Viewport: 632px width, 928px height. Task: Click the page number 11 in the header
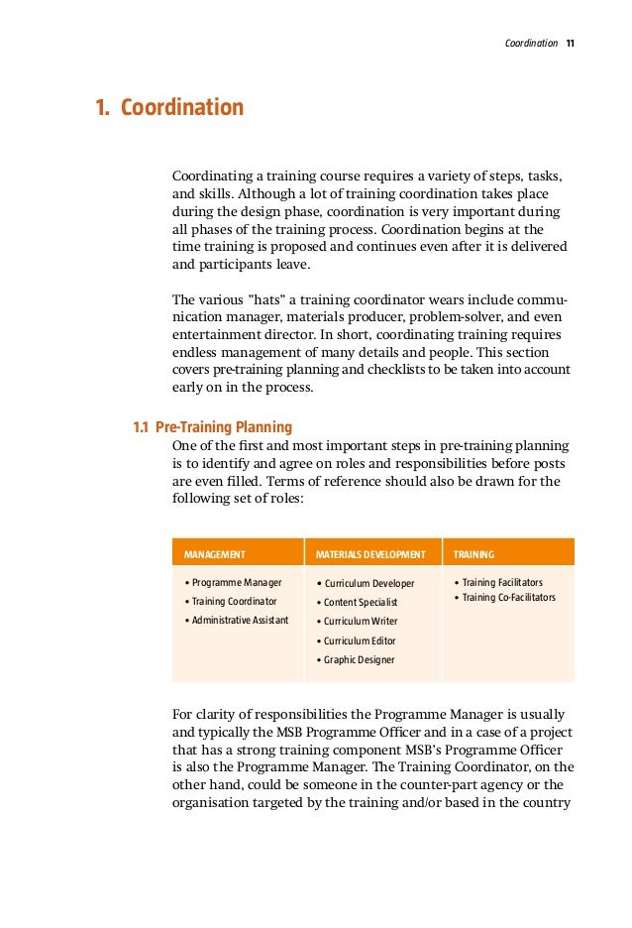pyautogui.click(x=571, y=44)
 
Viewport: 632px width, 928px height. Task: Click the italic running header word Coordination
pyautogui.click(x=531, y=44)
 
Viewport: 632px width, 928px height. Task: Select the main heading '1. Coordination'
pyautogui.click(x=168, y=107)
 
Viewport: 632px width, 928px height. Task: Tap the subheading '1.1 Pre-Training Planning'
pyautogui.click(x=213, y=427)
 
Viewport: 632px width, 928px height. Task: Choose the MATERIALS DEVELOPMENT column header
pyautogui.click(x=370, y=554)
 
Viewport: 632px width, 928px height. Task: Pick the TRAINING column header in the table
pyautogui.click(x=474, y=554)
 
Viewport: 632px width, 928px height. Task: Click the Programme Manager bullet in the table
pyautogui.click(x=237, y=583)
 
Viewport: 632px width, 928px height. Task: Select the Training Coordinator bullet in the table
pyautogui.click(x=234, y=602)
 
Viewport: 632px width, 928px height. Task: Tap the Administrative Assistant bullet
pyautogui.click(x=240, y=621)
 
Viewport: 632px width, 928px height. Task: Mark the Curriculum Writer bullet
pyautogui.click(x=358, y=622)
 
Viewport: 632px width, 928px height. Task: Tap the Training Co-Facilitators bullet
pyautogui.click(x=506, y=598)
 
